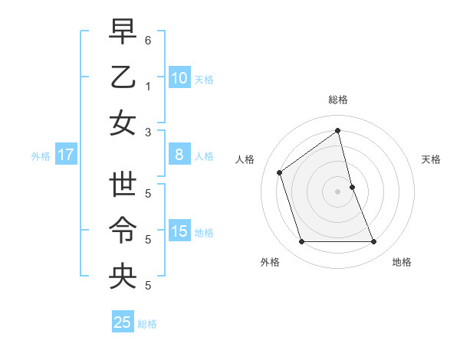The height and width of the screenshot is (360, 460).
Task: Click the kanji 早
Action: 123,31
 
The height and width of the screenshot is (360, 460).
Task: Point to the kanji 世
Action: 123,185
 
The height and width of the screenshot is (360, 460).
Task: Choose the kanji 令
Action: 123,230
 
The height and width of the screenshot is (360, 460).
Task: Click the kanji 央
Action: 123,276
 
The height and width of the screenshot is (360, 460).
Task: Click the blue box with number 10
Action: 179,77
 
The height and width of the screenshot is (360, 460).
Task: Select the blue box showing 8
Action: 179,155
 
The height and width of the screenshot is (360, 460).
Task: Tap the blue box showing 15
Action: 179,231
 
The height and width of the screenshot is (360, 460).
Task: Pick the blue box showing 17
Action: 66,155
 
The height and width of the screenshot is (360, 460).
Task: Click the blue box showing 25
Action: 123,322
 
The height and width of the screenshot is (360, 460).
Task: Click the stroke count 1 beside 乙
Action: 148,87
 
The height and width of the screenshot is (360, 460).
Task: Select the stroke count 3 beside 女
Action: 148,133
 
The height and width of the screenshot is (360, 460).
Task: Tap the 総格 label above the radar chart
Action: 338,100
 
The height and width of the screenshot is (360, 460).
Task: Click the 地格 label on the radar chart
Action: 402,263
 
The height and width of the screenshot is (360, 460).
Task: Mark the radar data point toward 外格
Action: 301,242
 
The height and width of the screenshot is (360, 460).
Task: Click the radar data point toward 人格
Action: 280,172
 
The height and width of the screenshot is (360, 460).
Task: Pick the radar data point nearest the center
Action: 352,187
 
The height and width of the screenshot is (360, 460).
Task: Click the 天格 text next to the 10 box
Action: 204,79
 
